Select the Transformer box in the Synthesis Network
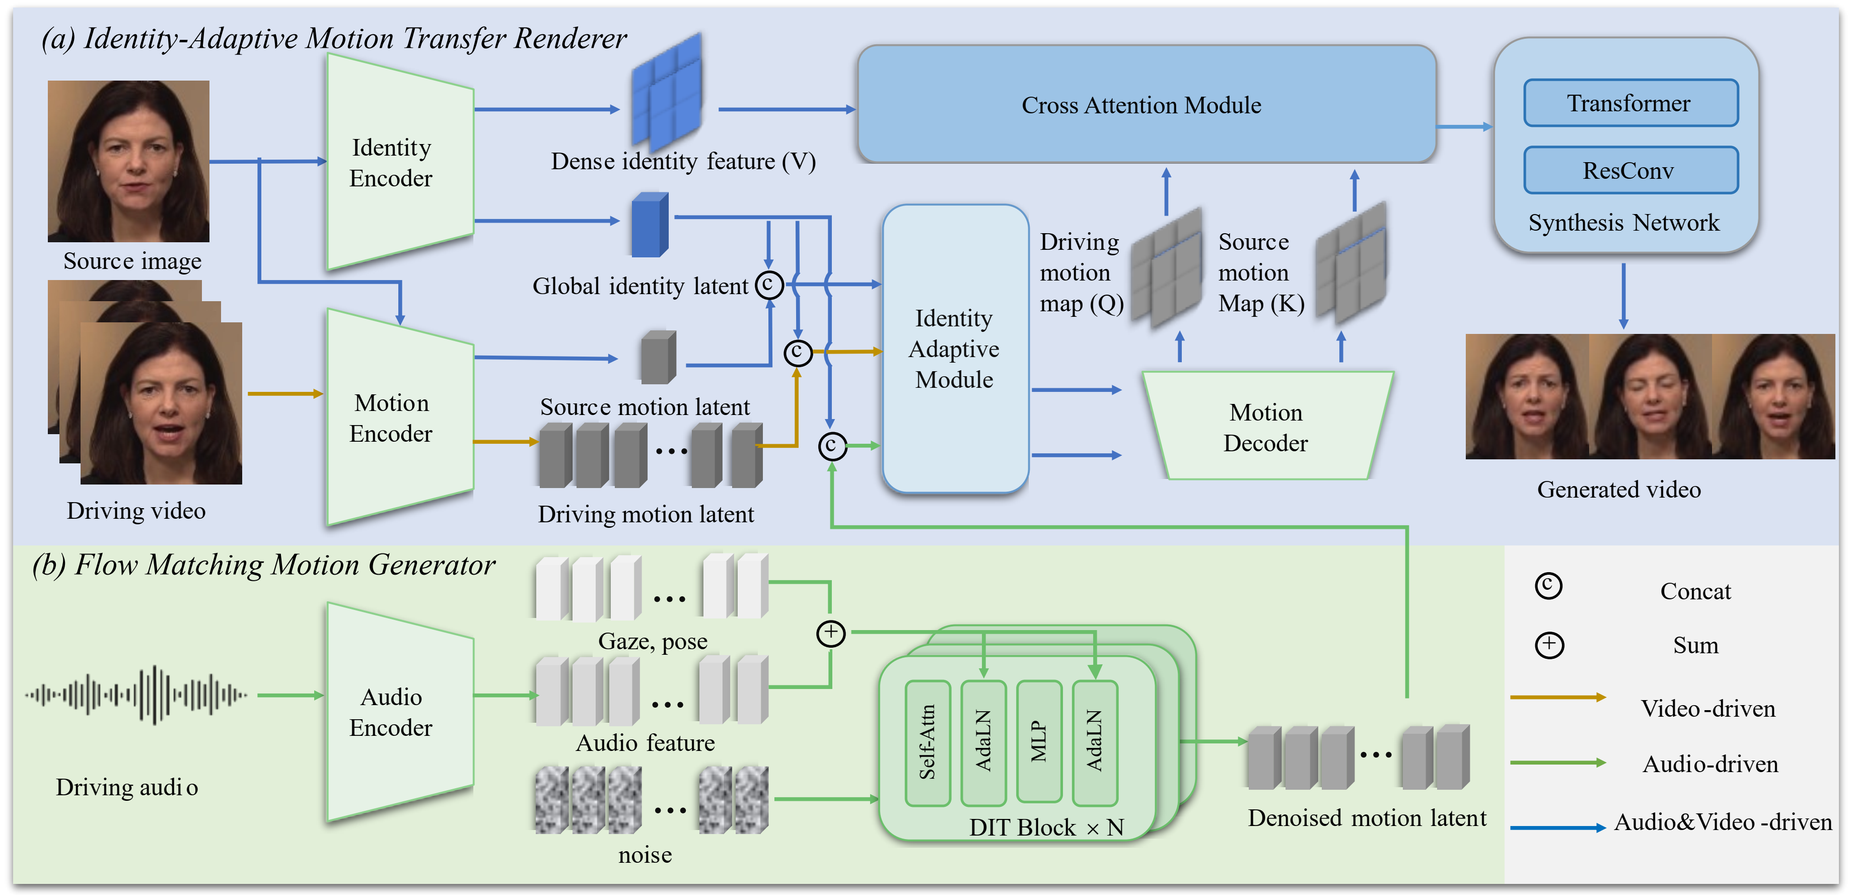(x=1629, y=104)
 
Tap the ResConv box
(x=1629, y=170)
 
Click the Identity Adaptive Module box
(x=954, y=349)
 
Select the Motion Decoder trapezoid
(x=1266, y=427)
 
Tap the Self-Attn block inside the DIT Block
(x=927, y=742)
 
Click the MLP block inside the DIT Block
(x=1039, y=741)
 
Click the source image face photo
(x=128, y=161)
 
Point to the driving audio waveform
(x=136, y=695)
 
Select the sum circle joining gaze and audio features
(x=831, y=633)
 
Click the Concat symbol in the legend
(x=1548, y=586)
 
